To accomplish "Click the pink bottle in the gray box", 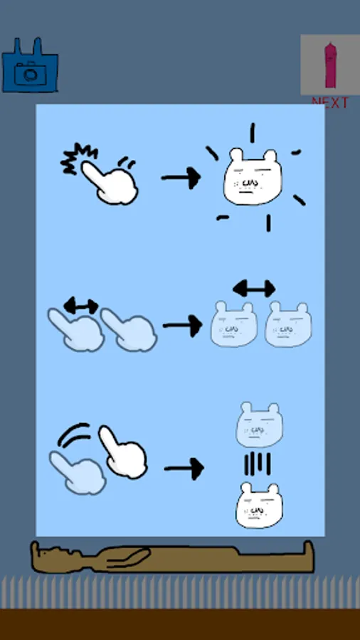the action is pos(330,65).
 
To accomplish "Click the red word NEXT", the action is pos(330,102).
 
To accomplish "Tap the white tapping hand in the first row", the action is pos(110,183).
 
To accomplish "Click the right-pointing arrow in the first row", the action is pos(181,178).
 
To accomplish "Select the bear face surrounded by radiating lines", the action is pos(253,177).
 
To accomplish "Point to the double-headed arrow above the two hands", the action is pos(81,306).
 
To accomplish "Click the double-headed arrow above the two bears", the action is pos(254,289).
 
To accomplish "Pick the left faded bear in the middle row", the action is pos(234,324).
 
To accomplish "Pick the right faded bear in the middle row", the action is pos(288,324).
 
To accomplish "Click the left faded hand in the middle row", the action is pos(76,330).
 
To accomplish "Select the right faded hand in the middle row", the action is pos(129,330).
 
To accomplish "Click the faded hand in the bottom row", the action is pos(78,473).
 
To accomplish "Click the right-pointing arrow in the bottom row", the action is pos(184,469).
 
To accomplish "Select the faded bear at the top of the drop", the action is pos(259,425).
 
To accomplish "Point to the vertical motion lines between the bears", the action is pos(258,464).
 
